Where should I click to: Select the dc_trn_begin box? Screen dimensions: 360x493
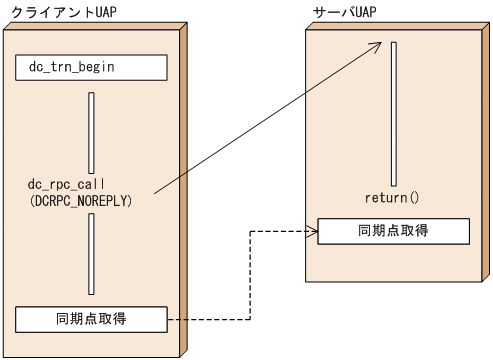pyautogui.click(x=91, y=67)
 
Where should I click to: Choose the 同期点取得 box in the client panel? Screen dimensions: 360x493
pyautogui.click(x=91, y=320)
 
